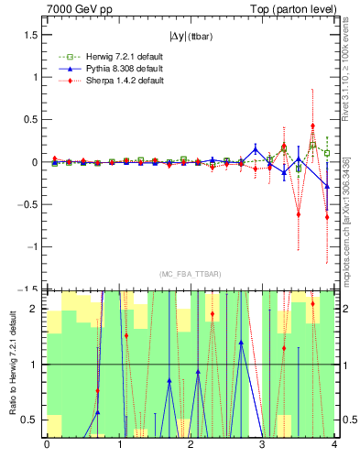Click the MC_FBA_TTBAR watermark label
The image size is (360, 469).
[190, 275]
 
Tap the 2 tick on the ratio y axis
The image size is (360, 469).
[37, 309]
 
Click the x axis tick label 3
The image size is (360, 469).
[262, 445]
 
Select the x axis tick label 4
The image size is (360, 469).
[333, 445]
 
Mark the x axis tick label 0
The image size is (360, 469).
[47, 445]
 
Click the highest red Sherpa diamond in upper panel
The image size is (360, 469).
[312, 125]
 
